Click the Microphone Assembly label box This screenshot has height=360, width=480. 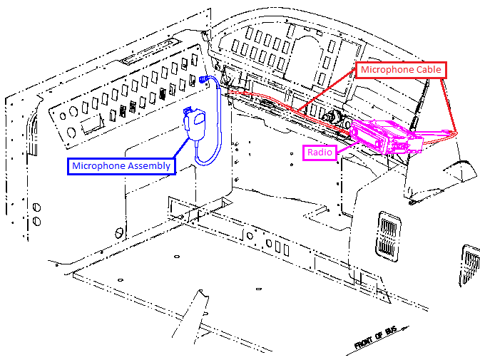tap(121, 166)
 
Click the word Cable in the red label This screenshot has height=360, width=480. tap(427, 70)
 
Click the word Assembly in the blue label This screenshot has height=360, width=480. tap(148, 166)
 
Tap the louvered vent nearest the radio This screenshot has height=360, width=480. tap(389, 235)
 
